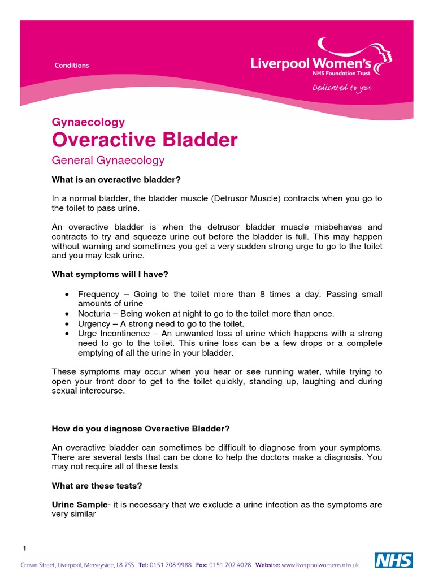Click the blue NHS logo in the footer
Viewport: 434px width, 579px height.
(x=394, y=560)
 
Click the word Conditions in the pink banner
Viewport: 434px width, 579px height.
(x=72, y=66)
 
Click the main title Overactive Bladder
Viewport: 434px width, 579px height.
(x=145, y=140)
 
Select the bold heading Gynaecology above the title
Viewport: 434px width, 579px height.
(x=88, y=122)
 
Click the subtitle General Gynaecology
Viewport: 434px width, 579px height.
(x=108, y=160)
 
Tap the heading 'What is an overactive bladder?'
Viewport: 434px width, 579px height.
(x=116, y=180)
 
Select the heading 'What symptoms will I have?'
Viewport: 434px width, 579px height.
(x=110, y=274)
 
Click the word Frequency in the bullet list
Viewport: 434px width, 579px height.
(x=98, y=295)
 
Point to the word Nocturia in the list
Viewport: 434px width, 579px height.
(x=95, y=314)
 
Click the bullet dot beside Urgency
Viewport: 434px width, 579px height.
(x=68, y=324)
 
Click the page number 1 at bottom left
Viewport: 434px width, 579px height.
(x=24, y=548)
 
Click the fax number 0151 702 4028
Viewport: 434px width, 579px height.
(x=231, y=565)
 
